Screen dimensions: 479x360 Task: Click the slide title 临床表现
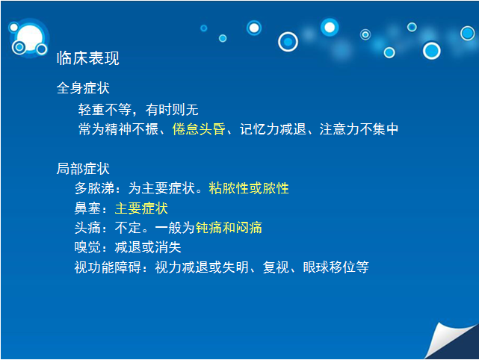(x=88, y=58)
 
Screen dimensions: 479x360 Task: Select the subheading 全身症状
(x=83, y=88)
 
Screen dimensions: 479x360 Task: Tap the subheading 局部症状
(x=83, y=169)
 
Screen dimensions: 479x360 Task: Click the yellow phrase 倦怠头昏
(x=199, y=129)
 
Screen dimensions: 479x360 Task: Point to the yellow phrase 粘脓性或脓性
(x=249, y=188)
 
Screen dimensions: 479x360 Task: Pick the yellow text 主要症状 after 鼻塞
(x=141, y=208)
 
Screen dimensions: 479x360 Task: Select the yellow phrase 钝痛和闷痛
(x=229, y=228)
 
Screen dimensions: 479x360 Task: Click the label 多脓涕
(x=94, y=188)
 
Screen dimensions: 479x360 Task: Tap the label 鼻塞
(x=87, y=208)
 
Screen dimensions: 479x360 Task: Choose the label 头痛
(x=87, y=228)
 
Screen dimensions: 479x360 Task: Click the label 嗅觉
(x=87, y=247)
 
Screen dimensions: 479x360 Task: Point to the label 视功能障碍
(x=108, y=267)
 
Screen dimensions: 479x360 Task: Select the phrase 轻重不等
(x=105, y=109)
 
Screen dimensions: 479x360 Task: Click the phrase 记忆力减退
(x=273, y=129)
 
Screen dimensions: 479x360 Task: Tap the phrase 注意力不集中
(x=359, y=129)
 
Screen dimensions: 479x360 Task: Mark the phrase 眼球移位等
(x=336, y=267)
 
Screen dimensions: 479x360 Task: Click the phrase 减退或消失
(x=148, y=247)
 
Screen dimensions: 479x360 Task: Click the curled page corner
(x=449, y=341)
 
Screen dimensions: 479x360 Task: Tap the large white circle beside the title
(x=30, y=38)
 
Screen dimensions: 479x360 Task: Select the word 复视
(x=276, y=267)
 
